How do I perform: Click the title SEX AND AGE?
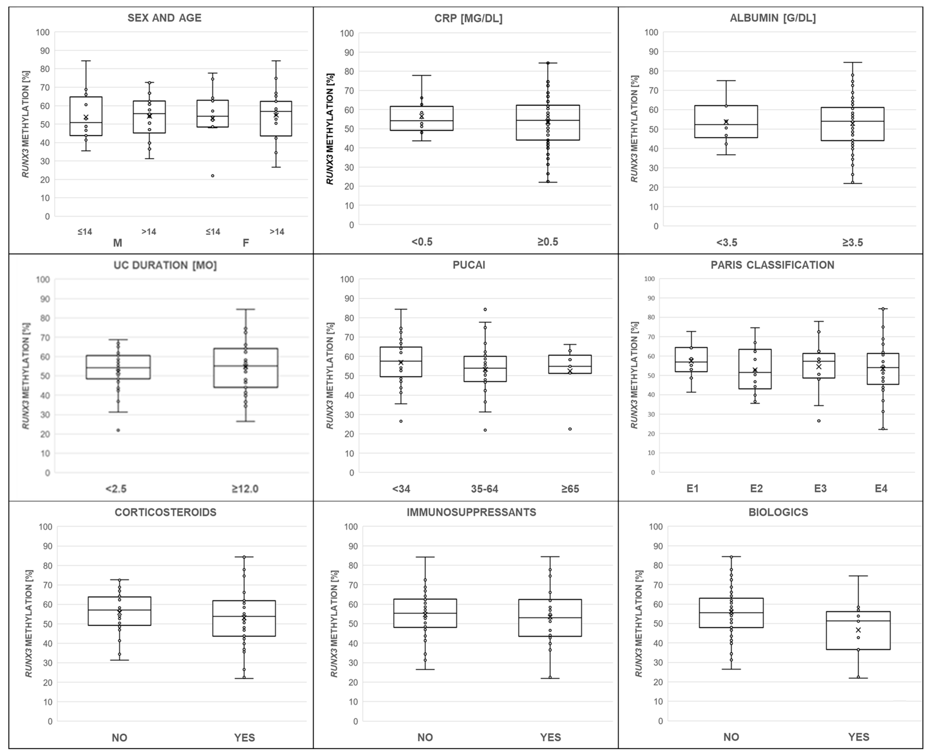tap(164, 18)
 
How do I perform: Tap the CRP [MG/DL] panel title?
tap(468, 19)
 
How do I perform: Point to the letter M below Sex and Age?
tap(117, 243)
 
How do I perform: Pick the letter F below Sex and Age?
tap(246, 243)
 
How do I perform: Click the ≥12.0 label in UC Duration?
tap(245, 489)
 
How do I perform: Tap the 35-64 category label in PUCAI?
tap(485, 489)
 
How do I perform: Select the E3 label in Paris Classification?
tap(820, 488)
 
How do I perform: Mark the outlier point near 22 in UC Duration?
tap(118, 430)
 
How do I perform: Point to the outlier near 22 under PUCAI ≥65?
tap(570, 429)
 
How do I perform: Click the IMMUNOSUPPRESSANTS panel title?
tap(471, 512)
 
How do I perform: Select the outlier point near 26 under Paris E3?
tap(819, 421)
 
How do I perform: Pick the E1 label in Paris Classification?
tap(692, 488)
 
